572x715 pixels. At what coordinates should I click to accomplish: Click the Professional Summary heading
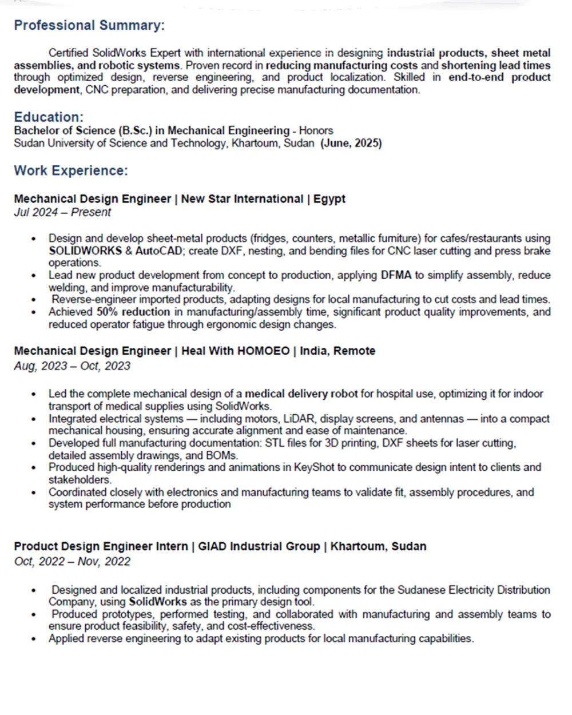89,26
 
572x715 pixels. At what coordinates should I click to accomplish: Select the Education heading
49,117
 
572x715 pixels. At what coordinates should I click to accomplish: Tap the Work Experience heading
71,170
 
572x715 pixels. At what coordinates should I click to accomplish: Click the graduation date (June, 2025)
351,143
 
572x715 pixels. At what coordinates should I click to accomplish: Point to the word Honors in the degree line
316,130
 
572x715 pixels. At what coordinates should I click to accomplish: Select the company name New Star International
242,199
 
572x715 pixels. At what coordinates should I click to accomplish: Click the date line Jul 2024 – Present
62,212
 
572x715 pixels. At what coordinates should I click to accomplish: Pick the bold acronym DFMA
396,275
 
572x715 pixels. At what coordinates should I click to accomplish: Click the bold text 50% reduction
133,312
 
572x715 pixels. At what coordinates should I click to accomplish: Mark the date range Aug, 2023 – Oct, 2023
72,366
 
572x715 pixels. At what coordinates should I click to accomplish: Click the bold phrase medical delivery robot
301,394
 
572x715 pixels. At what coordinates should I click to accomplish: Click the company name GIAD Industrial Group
259,546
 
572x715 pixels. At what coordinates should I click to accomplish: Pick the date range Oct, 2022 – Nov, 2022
72,561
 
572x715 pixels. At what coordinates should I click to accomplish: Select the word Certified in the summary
69,53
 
